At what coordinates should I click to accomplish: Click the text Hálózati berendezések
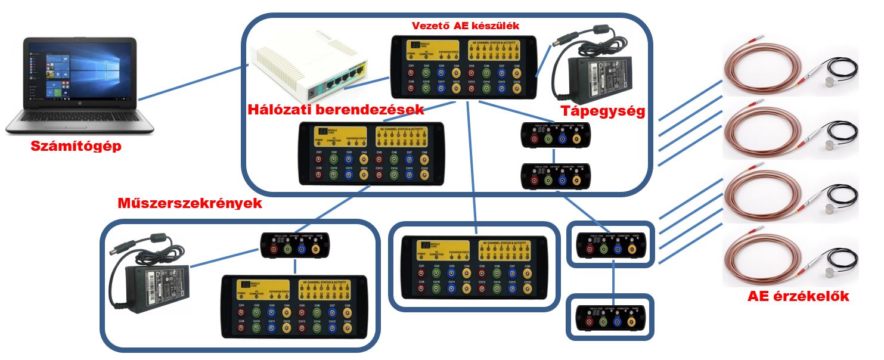pyautogui.click(x=336, y=110)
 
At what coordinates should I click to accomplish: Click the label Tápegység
pyautogui.click(x=603, y=111)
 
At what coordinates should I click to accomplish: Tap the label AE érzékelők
pyautogui.click(x=798, y=297)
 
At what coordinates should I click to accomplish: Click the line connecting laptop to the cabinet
pyautogui.click(x=190, y=83)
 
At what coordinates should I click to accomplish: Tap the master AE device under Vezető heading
pyautogui.click(x=463, y=67)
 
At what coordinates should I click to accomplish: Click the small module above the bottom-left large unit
pyautogui.click(x=295, y=245)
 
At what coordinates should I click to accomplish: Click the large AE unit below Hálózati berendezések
pyautogui.click(x=371, y=153)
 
